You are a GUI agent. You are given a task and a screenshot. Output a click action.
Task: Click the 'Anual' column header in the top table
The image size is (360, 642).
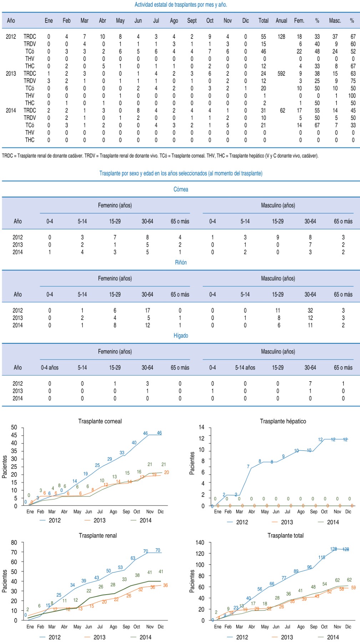[281, 21]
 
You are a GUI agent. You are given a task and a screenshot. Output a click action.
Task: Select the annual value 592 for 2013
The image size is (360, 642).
[281, 73]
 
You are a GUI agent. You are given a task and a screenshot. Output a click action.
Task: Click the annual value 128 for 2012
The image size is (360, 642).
[281, 36]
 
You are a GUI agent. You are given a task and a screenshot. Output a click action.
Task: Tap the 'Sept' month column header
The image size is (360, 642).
[192, 21]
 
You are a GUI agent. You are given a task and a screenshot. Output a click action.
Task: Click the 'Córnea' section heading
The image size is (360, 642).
[181, 189]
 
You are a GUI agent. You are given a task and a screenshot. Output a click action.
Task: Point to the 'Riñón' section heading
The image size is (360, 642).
[181, 263]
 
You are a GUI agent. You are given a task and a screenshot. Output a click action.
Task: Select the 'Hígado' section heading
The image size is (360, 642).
[181, 336]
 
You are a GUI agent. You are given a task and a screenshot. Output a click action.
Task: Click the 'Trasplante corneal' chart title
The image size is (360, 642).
[100, 421]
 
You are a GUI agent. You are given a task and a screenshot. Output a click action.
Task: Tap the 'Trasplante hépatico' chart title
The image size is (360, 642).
[283, 421]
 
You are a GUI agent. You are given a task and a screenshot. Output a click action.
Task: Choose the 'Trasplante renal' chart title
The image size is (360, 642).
[98, 536]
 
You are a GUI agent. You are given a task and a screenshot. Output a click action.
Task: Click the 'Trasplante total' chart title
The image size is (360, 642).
[285, 536]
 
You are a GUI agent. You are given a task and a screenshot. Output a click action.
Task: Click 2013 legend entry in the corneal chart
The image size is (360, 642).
[99, 520]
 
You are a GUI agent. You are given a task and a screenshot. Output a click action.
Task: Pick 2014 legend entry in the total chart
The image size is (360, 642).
[333, 637]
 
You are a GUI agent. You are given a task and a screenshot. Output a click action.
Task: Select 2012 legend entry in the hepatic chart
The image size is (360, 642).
[242, 522]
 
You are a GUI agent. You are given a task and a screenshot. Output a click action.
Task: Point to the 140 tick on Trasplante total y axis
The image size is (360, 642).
[200, 542]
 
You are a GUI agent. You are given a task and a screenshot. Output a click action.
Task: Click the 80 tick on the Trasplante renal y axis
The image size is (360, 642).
[14, 542]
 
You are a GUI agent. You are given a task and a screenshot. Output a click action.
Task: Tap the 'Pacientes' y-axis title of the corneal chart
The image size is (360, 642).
[5, 467]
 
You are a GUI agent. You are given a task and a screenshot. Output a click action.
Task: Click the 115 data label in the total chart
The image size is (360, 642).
[322, 557]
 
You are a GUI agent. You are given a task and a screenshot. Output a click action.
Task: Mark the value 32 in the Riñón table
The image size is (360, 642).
[310, 310]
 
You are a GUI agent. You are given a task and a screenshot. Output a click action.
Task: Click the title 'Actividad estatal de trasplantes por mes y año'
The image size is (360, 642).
[181, 5]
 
